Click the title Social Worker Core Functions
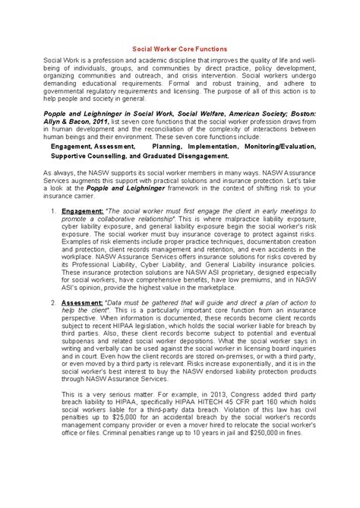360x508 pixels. coord(180,47)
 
